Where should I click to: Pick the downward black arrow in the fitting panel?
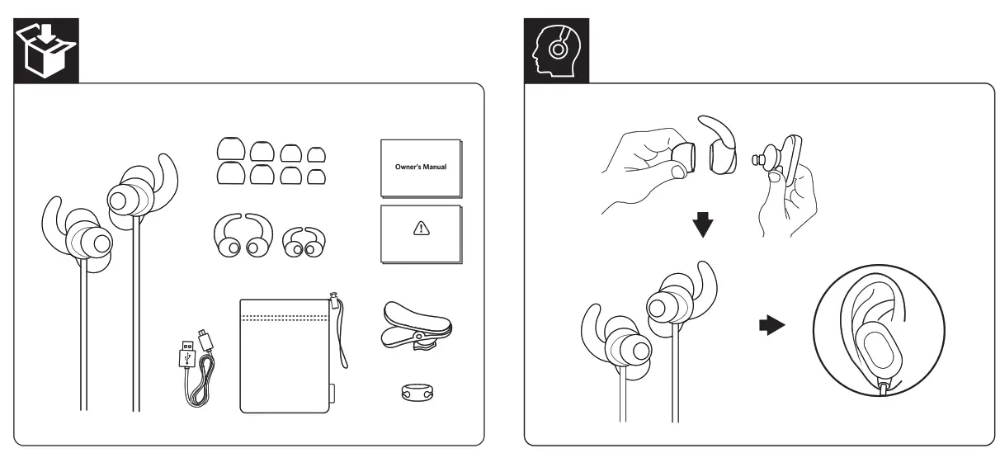[702, 224]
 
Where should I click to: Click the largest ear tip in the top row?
[230, 149]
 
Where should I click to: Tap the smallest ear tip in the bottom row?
[316, 175]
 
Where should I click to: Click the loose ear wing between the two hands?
[727, 149]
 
